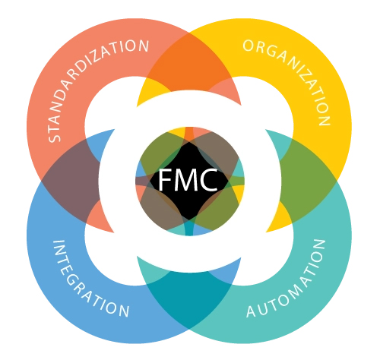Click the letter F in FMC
(x=166, y=180)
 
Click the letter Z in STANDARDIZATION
(x=96, y=60)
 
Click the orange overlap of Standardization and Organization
(x=189, y=63)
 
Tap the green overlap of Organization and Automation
(x=306, y=181)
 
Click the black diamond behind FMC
(x=189, y=181)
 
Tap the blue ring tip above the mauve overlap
(x=101, y=143)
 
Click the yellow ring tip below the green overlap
(x=280, y=218)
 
